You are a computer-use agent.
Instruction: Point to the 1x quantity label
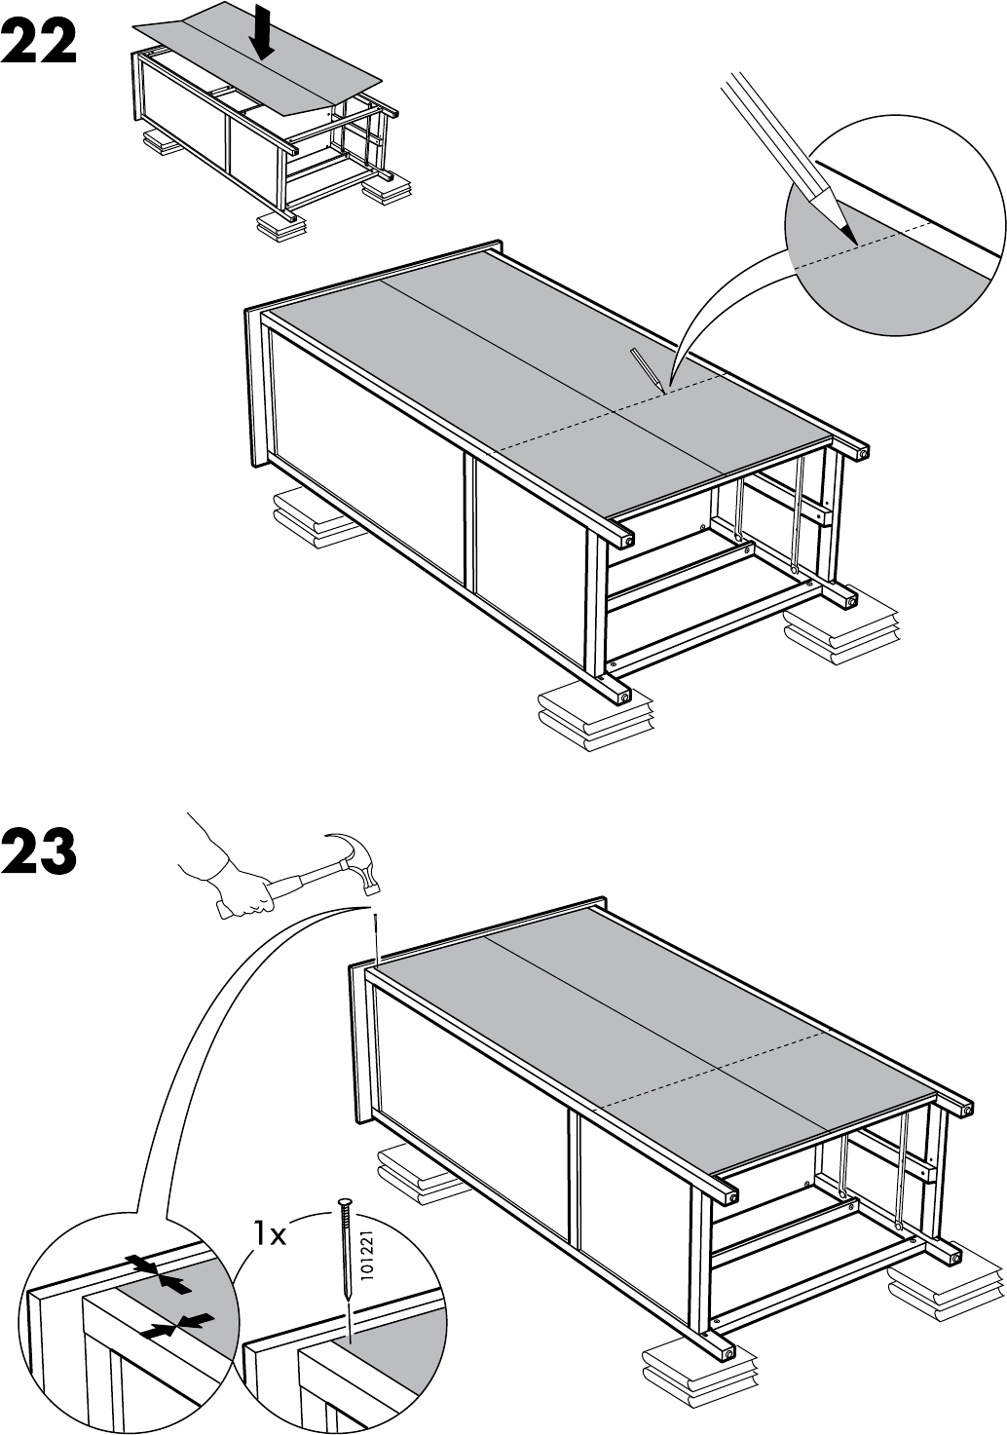[270, 1235]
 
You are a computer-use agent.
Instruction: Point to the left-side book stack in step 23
[413, 1170]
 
